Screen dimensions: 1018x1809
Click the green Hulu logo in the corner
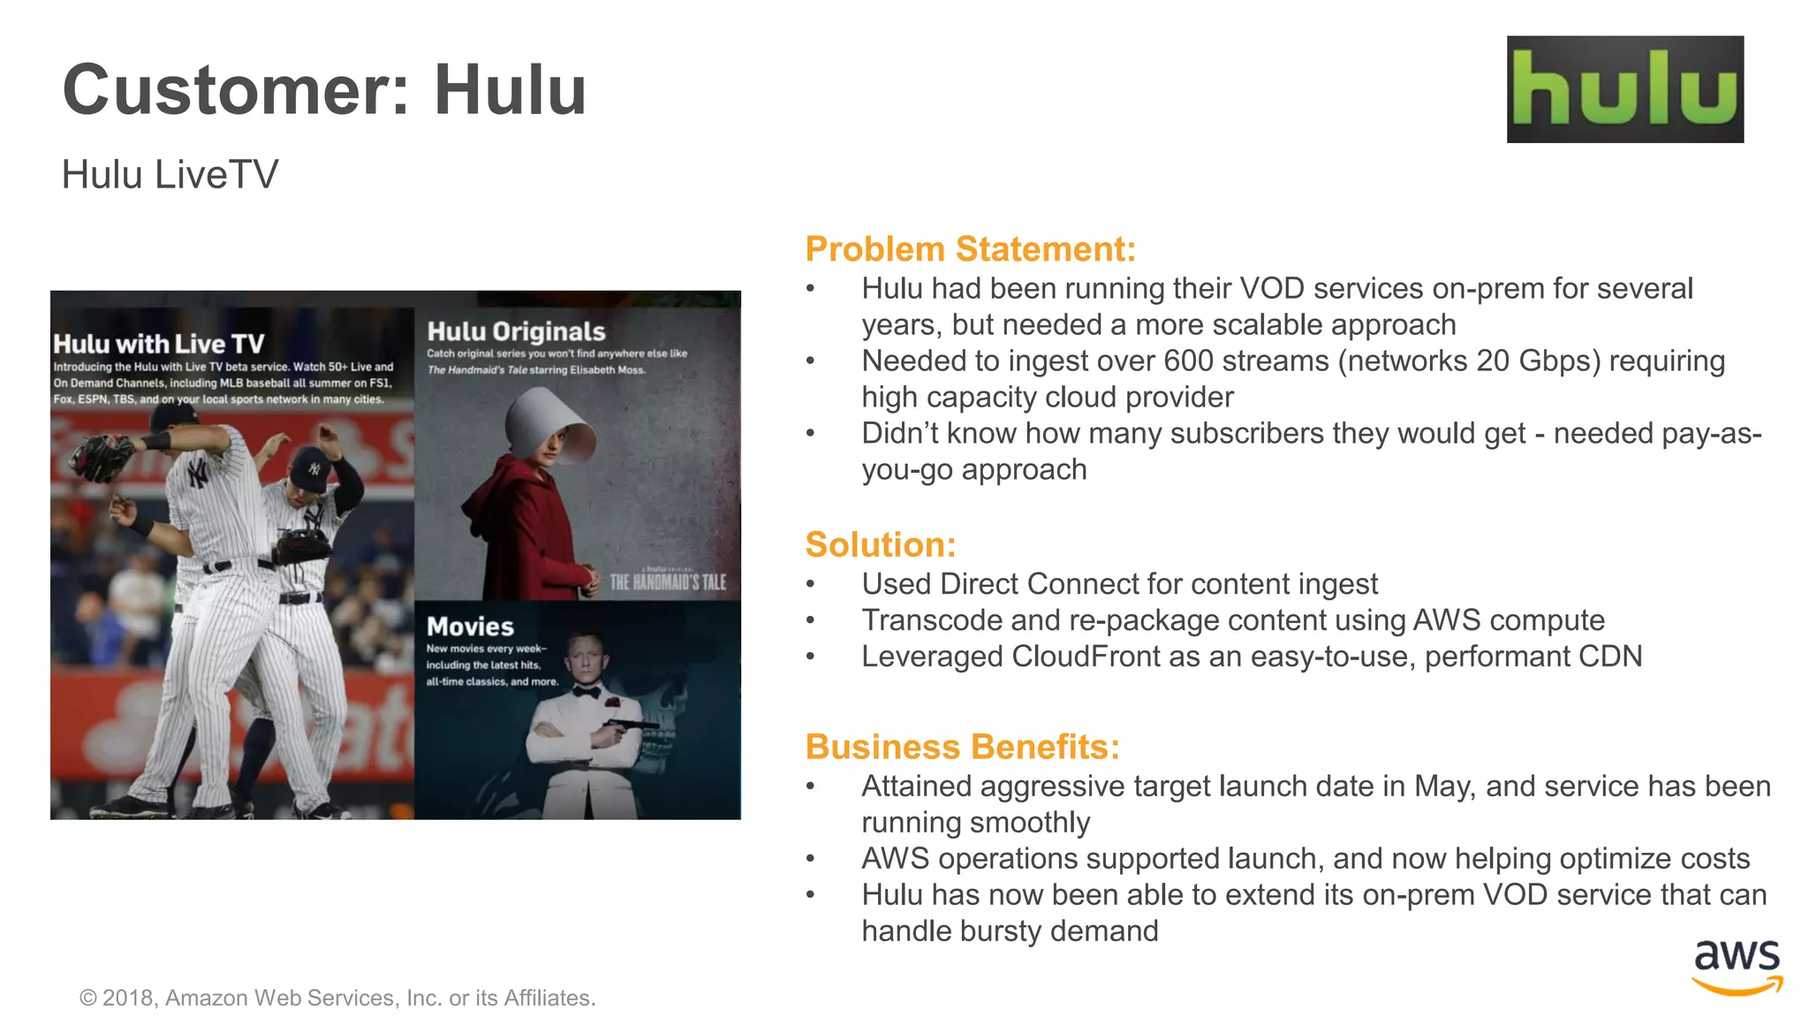pyautogui.click(x=1624, y=89)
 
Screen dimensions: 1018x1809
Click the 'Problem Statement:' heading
pyautogui.click(x=970, y=249)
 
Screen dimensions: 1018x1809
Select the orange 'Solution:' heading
pyautogui.click(x=880, y=544)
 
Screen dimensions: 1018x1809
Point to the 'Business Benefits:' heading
pyautogui.click(x=962, y=747)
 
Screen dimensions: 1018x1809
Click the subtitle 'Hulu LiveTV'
pyautogui.click(x=170, y=174)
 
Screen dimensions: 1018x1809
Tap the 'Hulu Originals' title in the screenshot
pyautogui.click(x=516, y=331)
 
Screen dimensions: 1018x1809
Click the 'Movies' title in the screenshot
pyautogui.click(x=470, y=627)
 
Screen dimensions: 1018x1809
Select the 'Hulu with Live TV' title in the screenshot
pyautogui.click(x=159, y=344)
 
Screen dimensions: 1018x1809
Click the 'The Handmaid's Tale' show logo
pyautogui.click(x=667, y=581)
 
